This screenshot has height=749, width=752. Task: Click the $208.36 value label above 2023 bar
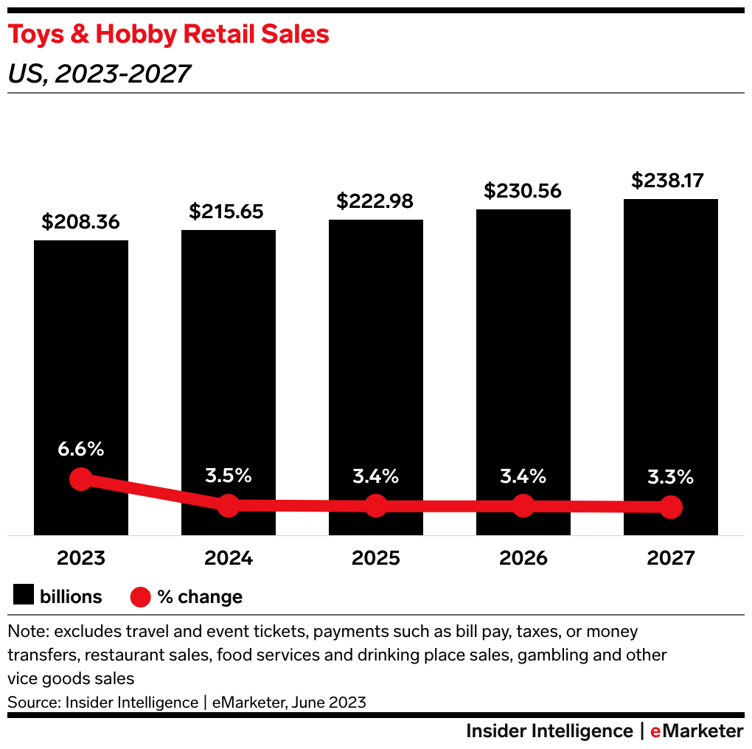81,222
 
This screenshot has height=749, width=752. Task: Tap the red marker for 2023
81,480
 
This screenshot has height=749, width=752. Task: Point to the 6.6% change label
81,449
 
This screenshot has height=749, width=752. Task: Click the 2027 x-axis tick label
671,558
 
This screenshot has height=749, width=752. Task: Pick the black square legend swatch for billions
24,596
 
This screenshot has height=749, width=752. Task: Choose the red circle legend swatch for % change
140,596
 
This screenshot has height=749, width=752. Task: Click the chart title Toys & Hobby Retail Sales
168,35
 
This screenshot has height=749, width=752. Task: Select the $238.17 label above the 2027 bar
671,181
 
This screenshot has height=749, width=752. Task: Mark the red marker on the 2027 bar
671,507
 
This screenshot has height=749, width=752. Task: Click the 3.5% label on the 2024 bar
229,475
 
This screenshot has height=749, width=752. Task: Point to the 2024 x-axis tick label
229,558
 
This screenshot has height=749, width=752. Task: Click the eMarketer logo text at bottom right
697,731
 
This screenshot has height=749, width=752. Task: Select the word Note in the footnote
26,632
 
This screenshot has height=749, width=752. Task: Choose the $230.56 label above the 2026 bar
523,191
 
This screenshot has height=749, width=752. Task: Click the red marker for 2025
376,506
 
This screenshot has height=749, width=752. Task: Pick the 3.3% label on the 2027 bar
671,477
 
